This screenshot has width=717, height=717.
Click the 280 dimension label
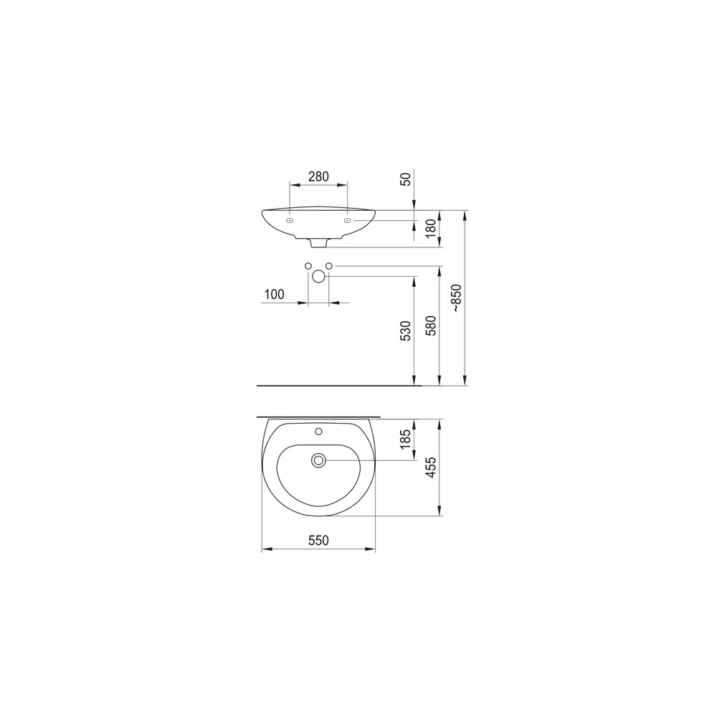pyautogui.click(x=318, y=176)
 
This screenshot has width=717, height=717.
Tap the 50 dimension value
pyautogui.click(x=406, y=179)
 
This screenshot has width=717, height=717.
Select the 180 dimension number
pyautogui.click(x=431, y=229)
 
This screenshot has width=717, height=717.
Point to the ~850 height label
pyautogui.click(x=457, y=298)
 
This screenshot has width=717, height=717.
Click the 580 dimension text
pyautogui.click(x=431, y=325)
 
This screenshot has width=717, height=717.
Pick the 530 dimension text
pyautogui.click(x=406, y=331)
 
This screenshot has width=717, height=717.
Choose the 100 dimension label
pyautogui.click(x=274, y=294)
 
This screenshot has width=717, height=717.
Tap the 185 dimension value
pyautogui.click(x=406, y=440)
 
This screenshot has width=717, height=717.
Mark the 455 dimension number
pyautogui.click(x=431, y=467)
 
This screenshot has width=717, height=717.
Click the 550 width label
pyautogui.click(x=318, y=541)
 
